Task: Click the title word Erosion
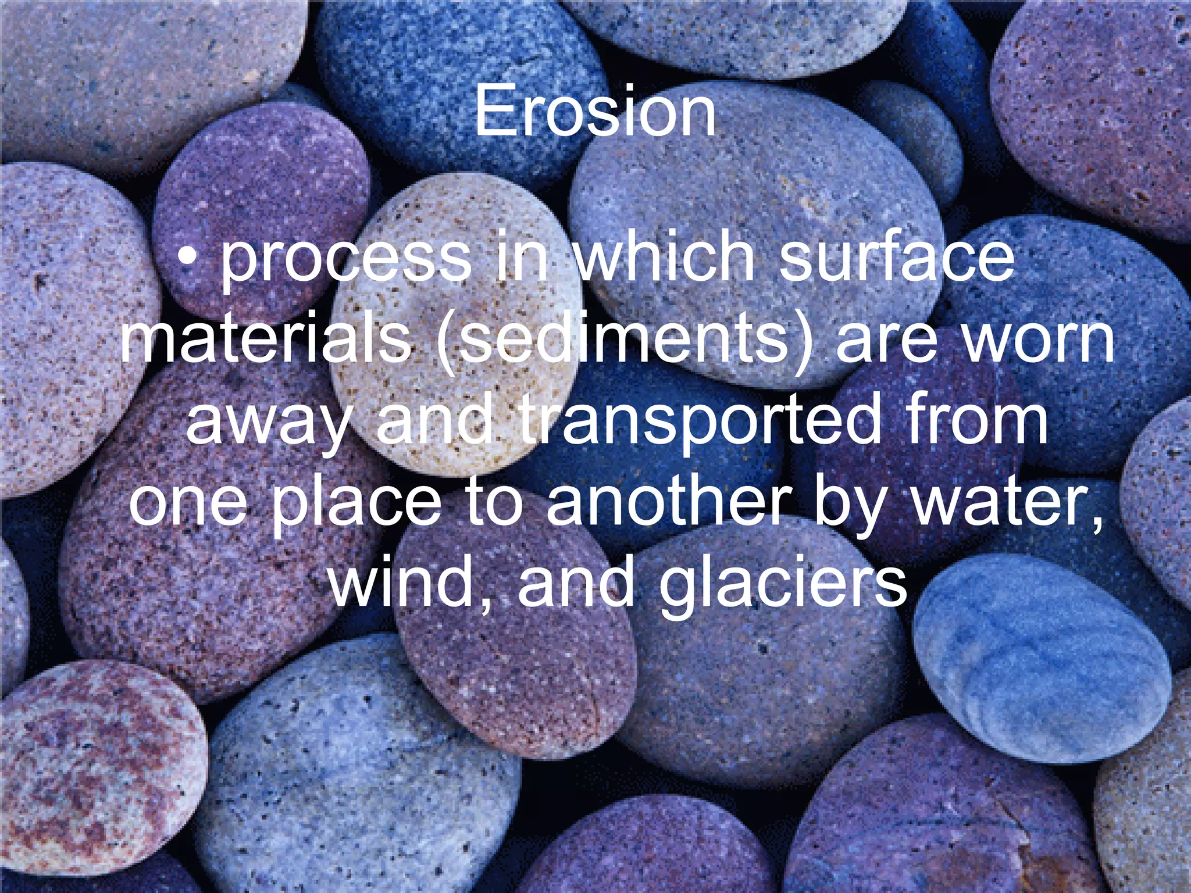[x=595, y=110]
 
